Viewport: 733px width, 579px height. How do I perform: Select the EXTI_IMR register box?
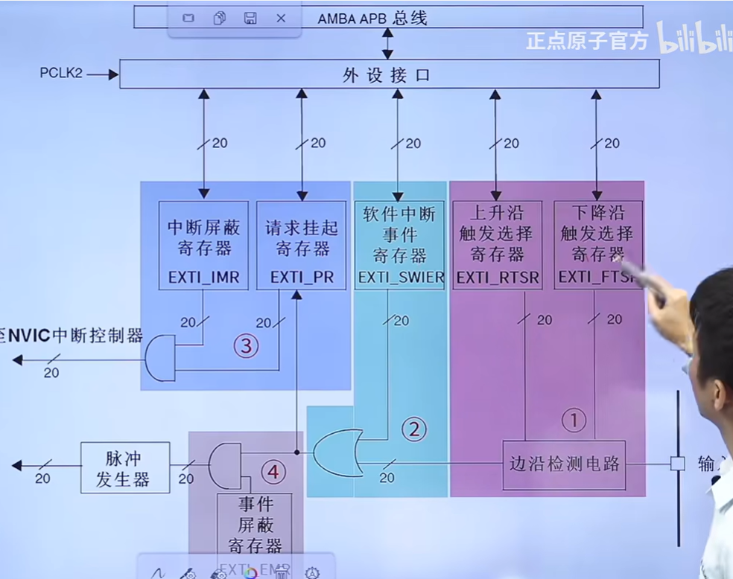(203, 245)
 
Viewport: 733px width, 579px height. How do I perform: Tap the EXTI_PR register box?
(302, 245)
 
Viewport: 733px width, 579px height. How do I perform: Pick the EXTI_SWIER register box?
(400, 245)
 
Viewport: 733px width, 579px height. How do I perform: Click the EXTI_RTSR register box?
(497, 245)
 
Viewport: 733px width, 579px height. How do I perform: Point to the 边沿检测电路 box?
(563, 464)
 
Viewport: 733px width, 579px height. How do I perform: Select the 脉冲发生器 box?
(124, 467)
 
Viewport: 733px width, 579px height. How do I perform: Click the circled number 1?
(573, 420)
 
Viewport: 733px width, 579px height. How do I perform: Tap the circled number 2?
(414, 429)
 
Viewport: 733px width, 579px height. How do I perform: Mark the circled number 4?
(275, 471)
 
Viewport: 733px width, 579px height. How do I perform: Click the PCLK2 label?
(61, 74)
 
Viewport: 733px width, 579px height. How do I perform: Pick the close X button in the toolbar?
(281, 18)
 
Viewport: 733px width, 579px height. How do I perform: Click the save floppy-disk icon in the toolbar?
(250, 18)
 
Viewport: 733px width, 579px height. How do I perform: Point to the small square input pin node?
(677, 464)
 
